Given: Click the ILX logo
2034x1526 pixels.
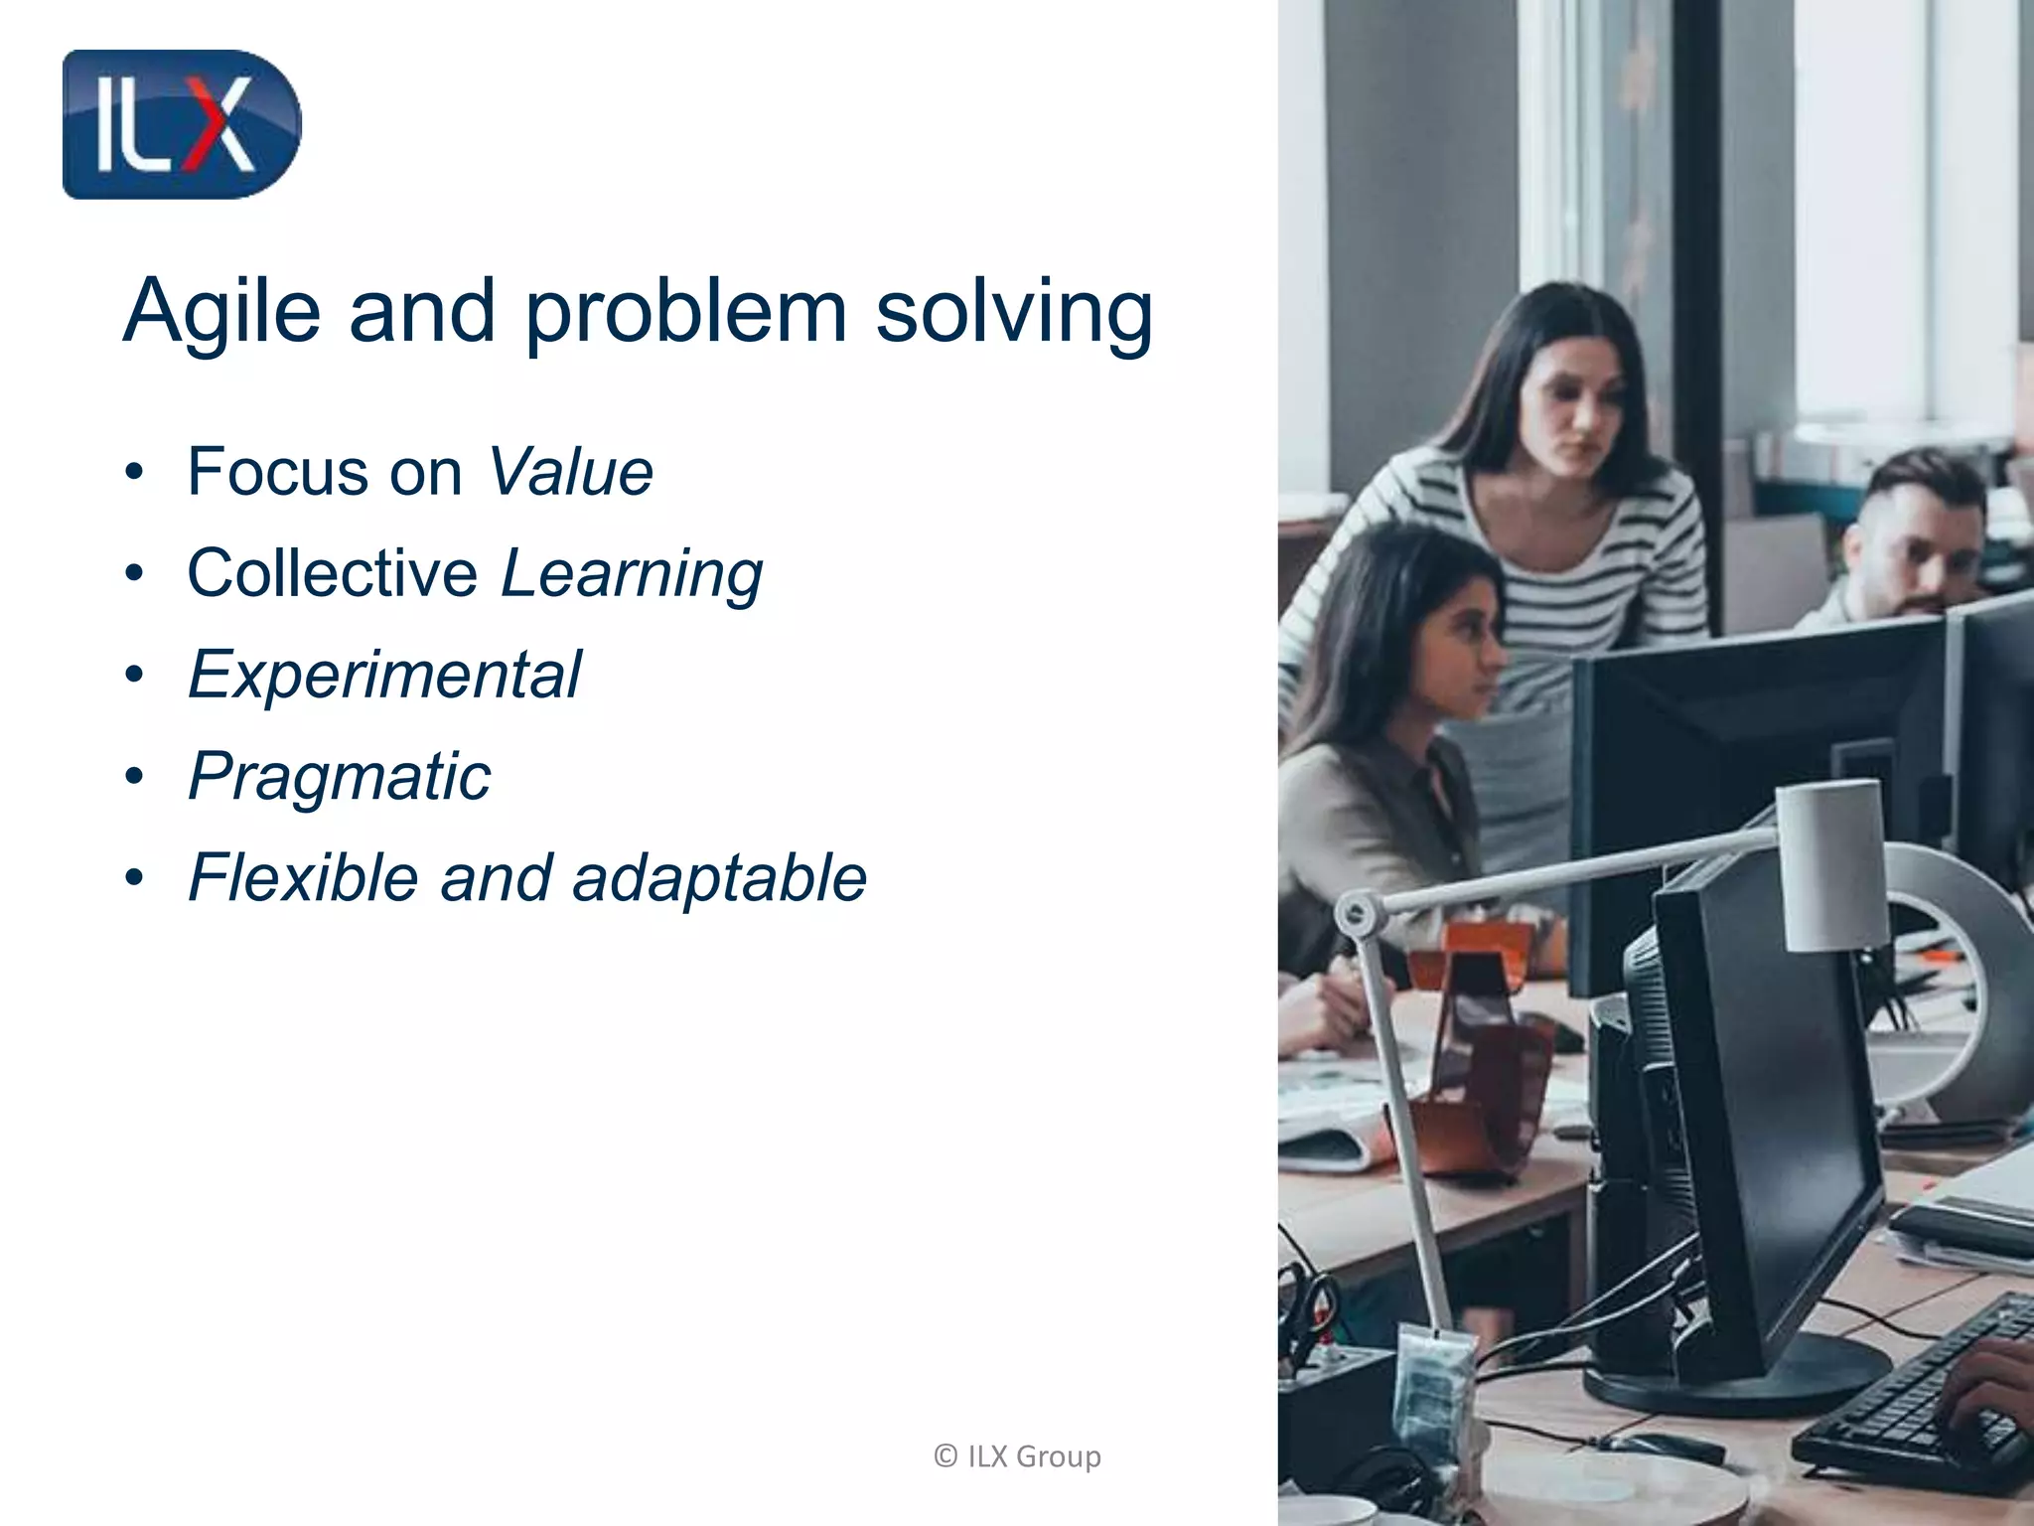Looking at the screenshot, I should click(181, 125).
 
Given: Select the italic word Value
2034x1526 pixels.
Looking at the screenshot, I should click(571, 472).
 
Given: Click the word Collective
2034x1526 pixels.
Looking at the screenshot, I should click(333, 573).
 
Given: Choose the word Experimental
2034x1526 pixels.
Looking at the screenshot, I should click(385, 676).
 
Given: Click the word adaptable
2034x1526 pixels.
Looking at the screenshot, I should click(719, 878).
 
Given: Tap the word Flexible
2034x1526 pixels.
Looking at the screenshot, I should click(303, 878).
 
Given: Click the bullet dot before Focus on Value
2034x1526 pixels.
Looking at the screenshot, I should click(135, 473).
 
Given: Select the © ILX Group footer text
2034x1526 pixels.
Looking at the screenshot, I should click(1017, 1456).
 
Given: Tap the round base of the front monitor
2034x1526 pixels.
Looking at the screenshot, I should click(1738, 1376).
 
